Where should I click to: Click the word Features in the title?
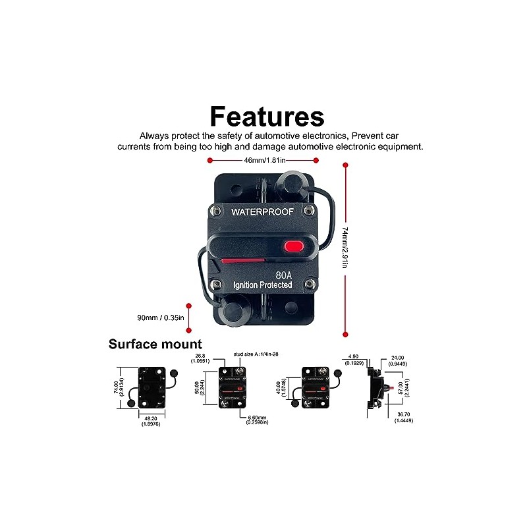coord(267,117)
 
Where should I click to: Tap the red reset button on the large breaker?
coord(293,247)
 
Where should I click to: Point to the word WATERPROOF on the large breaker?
coord(263,212)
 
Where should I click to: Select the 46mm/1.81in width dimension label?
coord(262,160)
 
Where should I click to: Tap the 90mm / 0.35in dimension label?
coord(160,318)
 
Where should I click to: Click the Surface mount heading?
coord(155,344)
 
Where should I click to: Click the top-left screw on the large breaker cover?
coord(215,211)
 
